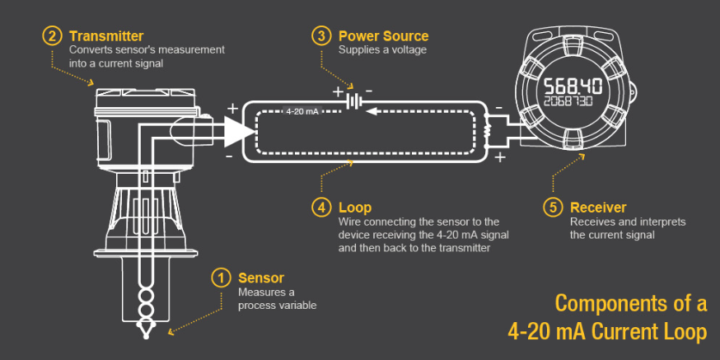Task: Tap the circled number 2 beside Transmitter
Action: pyautogui.click(x=52, y=36)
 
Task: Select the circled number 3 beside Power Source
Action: pyautogui.click(x=320, y=36)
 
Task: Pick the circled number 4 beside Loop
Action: pyautogui.click(x=320, y=208)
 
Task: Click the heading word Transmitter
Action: pyautogui.click(x=106, y=36)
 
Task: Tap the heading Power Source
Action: pyautogui.click(x=383, y=36)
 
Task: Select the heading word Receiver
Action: pyautogui.click(x=598, y=208)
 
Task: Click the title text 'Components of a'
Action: pyautogui.click(x=630, y=303)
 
